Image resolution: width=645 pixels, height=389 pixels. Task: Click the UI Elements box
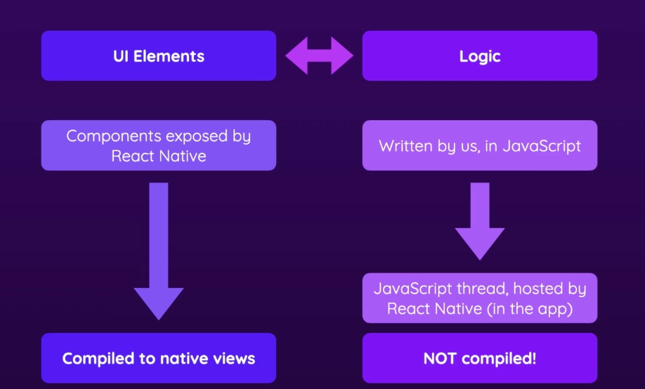[159, 55]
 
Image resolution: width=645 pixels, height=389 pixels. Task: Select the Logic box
[480, 55]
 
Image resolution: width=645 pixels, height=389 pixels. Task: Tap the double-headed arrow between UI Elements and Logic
[319, 55]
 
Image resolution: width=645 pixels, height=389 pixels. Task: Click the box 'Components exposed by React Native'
[159, 145]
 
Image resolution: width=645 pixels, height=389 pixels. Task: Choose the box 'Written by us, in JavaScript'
[480, 145]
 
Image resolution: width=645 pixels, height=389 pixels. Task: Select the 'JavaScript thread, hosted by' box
[480, 298]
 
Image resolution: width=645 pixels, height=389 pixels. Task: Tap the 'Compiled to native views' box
[159, 358]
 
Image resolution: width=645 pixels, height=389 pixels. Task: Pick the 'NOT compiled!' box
[480, 358]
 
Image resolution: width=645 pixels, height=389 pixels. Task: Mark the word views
[235, 359]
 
